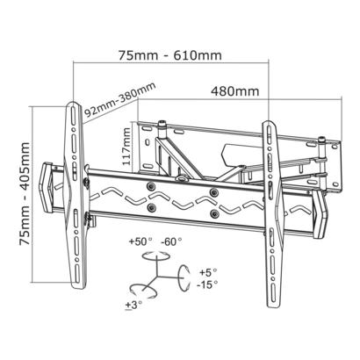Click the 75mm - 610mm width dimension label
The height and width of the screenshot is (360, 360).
click(170, 55)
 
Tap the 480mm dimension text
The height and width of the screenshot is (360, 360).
click(235, 91)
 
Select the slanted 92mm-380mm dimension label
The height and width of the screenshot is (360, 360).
click(119, 100)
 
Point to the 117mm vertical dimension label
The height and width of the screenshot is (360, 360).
click(126, 147)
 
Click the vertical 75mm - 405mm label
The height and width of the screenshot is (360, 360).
click(25, 194)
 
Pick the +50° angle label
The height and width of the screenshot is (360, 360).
click(141, 241)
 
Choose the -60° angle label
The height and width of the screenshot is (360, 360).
click(171, 241)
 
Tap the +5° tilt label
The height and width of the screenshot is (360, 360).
click(208, 272)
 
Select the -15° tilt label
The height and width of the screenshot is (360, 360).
click(207, 284)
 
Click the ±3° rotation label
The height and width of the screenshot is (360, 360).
click(133, 305)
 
